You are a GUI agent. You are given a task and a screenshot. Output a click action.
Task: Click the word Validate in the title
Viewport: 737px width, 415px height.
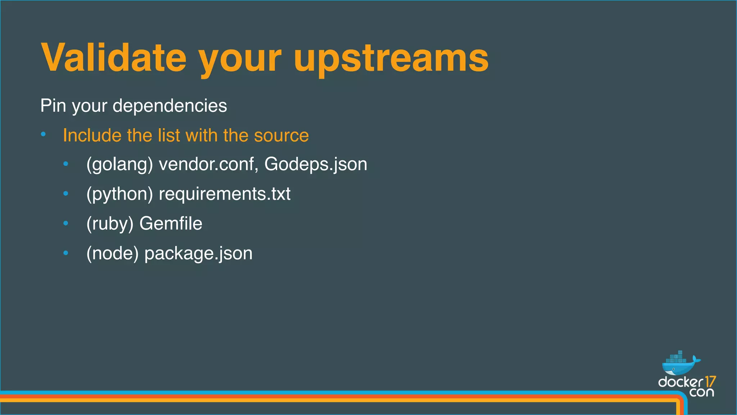114,58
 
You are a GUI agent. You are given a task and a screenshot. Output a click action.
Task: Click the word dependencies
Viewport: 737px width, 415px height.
169,106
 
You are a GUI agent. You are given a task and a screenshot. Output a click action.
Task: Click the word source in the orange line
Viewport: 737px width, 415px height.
281,135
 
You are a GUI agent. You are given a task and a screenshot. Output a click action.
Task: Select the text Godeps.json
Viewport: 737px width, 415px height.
316,165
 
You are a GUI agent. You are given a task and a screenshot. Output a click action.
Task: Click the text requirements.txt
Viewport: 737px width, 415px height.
225,194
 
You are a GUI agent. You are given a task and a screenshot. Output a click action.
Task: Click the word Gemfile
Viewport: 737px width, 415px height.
171,224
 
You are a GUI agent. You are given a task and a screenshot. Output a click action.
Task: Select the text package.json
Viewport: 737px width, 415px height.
198,254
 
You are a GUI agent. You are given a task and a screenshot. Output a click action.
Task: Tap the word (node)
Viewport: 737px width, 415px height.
112,253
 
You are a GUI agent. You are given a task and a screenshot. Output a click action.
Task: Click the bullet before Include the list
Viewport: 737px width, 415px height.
43,135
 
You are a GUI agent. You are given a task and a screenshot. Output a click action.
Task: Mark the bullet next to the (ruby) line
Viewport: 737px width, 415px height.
65,223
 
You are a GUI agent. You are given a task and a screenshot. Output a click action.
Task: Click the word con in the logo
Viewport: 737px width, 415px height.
701,392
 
